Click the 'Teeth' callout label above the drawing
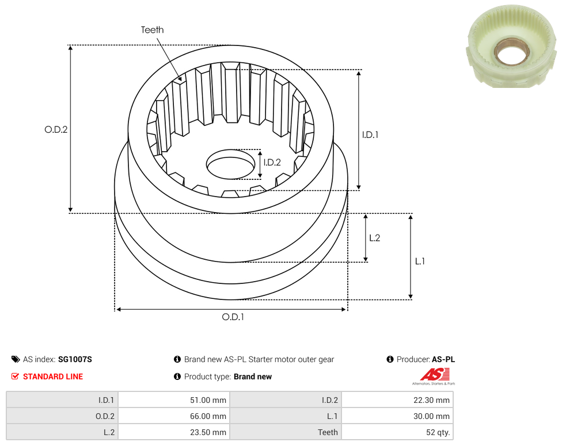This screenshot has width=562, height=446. (153, 30)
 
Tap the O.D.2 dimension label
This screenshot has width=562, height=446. (56, 129)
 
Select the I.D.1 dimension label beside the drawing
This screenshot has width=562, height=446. (370, 135)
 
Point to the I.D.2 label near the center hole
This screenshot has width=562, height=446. (272, 163)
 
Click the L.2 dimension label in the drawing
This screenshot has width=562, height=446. (374, 238)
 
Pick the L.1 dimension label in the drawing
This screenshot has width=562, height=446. (420, 262)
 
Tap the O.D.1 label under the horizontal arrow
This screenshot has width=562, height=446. (233, 317)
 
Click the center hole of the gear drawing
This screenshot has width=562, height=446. (230, 164)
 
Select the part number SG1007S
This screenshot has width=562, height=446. (75, 359)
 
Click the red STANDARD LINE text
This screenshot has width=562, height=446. (53, 376)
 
